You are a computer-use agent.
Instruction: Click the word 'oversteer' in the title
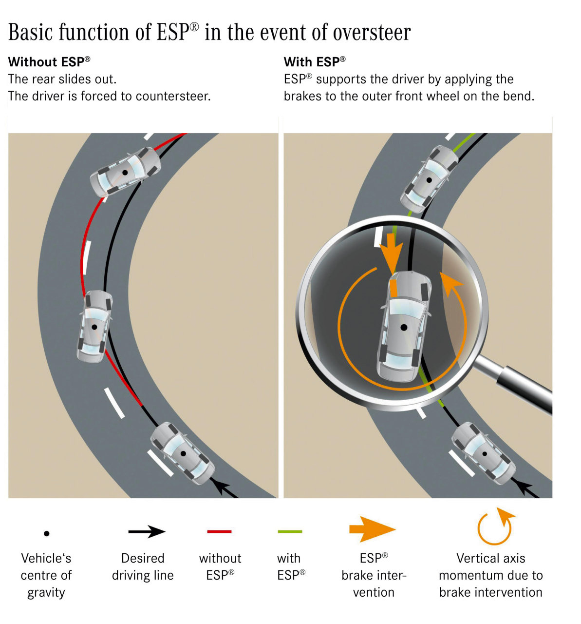[x=372, y=33]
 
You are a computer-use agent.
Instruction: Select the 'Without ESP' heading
[x=49, y=62]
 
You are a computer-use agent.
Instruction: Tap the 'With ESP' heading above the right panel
[x=315, y=62]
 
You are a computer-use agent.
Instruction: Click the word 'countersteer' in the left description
[x=172, y=96]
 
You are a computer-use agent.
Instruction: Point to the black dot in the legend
[x=47, y=533]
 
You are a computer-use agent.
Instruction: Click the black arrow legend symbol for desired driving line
[x=147, y=531]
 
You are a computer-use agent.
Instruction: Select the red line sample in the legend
[x=219, y=531]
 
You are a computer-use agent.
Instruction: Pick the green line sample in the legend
[x=290, y=531]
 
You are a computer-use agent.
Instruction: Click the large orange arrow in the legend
[x=373, y=529]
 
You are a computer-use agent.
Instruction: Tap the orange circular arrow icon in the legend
[x=495, y=527]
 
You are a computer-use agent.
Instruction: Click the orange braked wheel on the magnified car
[x=394, y=288]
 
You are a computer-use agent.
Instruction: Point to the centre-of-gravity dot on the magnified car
[x=404, y=328]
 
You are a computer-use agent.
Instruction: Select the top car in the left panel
[x=125, y=172]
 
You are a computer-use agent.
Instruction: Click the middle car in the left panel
[x=94, y=326]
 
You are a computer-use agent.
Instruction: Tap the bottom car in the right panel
[x=484, y=453]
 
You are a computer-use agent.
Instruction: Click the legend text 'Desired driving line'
[x=143, y=566]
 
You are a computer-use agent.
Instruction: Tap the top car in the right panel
[x=430, y=179]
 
